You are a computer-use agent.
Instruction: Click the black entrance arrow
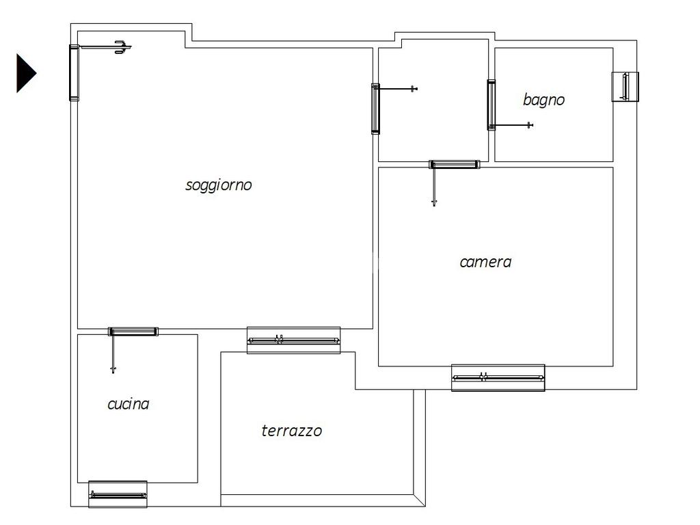point(26,73)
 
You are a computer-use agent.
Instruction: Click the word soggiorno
point(218,185)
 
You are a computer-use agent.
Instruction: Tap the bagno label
point(543,100)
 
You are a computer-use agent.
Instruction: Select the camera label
point(485,262)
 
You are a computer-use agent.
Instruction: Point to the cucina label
point(128,404)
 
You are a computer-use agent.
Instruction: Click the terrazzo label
point(291,431)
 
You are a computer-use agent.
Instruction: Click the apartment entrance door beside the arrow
point(74,72)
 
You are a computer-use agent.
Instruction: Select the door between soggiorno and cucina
point(133,332)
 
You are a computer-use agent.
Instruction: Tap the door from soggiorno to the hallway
point(375,109)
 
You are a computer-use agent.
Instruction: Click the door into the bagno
point(491,105)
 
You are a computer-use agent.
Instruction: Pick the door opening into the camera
point(455,164)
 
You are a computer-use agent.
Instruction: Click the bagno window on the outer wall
point(625,87)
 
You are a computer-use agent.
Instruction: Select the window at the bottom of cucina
point(118,495)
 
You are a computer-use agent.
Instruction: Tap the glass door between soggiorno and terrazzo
point(294,340)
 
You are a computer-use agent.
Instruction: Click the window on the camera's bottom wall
point(498,377)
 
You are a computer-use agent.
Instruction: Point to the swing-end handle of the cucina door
point(113,369)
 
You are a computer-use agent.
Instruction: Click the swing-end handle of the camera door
point(434,202)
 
